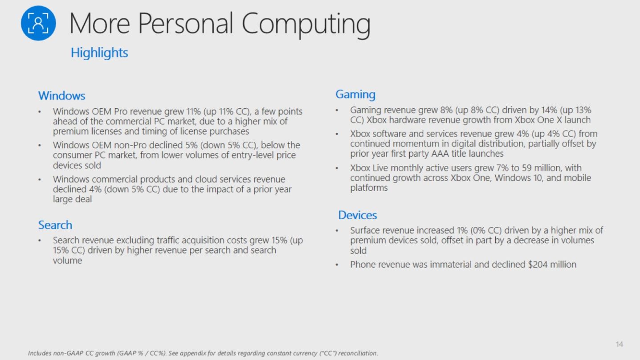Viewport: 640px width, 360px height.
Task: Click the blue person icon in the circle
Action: point(38,23)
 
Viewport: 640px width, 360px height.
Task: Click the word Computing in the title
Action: point(306,25)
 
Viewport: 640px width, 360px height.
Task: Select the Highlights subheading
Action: point(99,53)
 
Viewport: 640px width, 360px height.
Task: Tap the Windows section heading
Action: point(62,96)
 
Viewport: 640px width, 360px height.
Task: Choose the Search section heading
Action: point(55,225)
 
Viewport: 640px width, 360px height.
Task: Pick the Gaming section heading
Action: point(355,95)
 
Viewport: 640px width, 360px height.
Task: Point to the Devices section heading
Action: point(358,215)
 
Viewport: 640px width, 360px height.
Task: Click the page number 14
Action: point(620,344)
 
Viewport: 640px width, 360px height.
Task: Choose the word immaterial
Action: point(451,265)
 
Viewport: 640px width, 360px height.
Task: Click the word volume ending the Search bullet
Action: point(67,261)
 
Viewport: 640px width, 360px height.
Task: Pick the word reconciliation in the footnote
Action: point(358,353)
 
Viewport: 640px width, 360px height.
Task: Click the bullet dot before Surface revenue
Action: point(337,231)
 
